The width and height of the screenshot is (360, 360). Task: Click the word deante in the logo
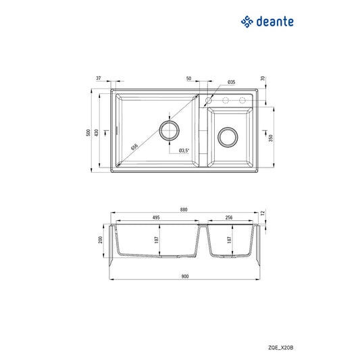(x=275, y=22)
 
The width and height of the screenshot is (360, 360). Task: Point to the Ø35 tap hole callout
(x=231, y=82)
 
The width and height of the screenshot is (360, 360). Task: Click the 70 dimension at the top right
(x=262, y=79)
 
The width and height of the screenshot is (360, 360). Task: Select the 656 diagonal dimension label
(x=134, y=145)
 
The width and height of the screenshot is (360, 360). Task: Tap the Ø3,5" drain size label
(x=184, y=150)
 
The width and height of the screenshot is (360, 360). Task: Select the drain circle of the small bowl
(x=228, y=137)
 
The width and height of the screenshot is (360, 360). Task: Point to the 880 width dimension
(x=184, y=209)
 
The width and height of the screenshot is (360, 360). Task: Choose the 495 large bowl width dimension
(x=155, y=217)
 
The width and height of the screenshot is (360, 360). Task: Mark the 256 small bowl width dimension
(x=230, y=217)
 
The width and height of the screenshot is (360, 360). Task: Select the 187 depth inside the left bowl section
(x=157, y=239)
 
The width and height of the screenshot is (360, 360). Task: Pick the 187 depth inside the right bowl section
(x=230, y=239)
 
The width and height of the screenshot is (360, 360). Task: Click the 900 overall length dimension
(x=184, y=276)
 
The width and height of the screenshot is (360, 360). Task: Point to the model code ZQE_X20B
(x=281, y=346)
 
